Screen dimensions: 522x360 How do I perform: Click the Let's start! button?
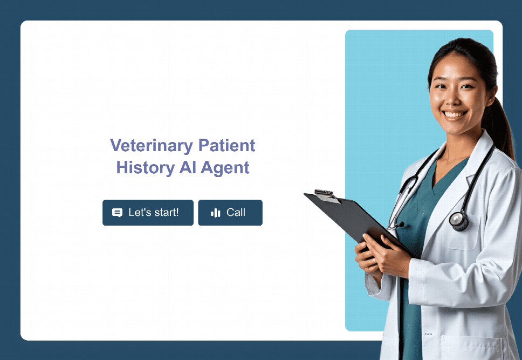[148, 213]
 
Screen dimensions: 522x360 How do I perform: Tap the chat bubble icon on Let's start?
[117, 213]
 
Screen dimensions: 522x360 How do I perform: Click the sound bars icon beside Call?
[215, 213]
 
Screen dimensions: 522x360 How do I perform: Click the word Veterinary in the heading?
[152, 146]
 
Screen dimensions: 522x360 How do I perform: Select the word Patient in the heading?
[226, 145]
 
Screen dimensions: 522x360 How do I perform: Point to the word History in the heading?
[146, 168]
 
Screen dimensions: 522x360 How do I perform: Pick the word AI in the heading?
[188, 167]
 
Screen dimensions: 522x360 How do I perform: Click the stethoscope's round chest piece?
[459, 220]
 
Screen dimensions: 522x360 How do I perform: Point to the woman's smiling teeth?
[455, 114]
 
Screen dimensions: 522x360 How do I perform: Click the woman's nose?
[454, 99]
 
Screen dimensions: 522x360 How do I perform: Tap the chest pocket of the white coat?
[462, 233]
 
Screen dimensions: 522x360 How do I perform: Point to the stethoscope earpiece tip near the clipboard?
[402, 225]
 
